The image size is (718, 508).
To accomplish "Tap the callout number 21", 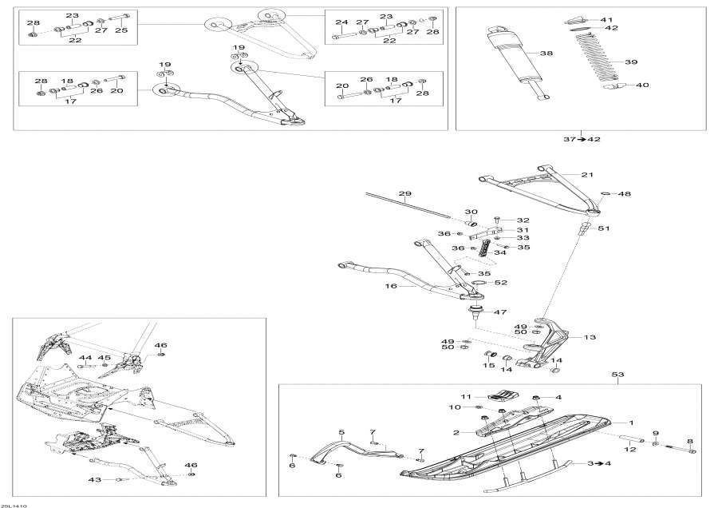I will (x=588, y=174).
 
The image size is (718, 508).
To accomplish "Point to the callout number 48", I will (x=625, y=194).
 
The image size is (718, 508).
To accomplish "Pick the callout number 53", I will (x=617, y=375).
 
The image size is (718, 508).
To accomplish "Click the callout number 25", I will (x=121, y=30).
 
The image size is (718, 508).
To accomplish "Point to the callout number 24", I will (x=341, y=22).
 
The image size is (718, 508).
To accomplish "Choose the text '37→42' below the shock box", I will (x=582, y=140).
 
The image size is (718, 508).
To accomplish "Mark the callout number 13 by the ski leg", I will (x=590, y=338).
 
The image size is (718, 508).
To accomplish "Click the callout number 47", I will (x=500, y=312).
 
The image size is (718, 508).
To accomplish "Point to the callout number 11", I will (x=466, y=396).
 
